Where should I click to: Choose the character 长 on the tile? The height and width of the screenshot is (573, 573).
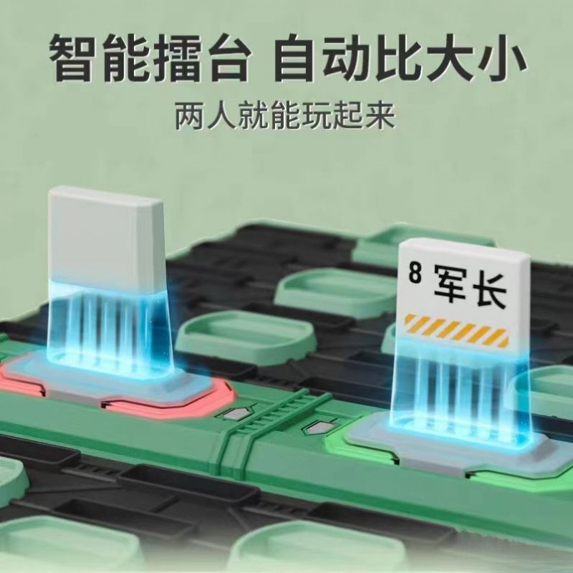(x=490, y=292)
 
